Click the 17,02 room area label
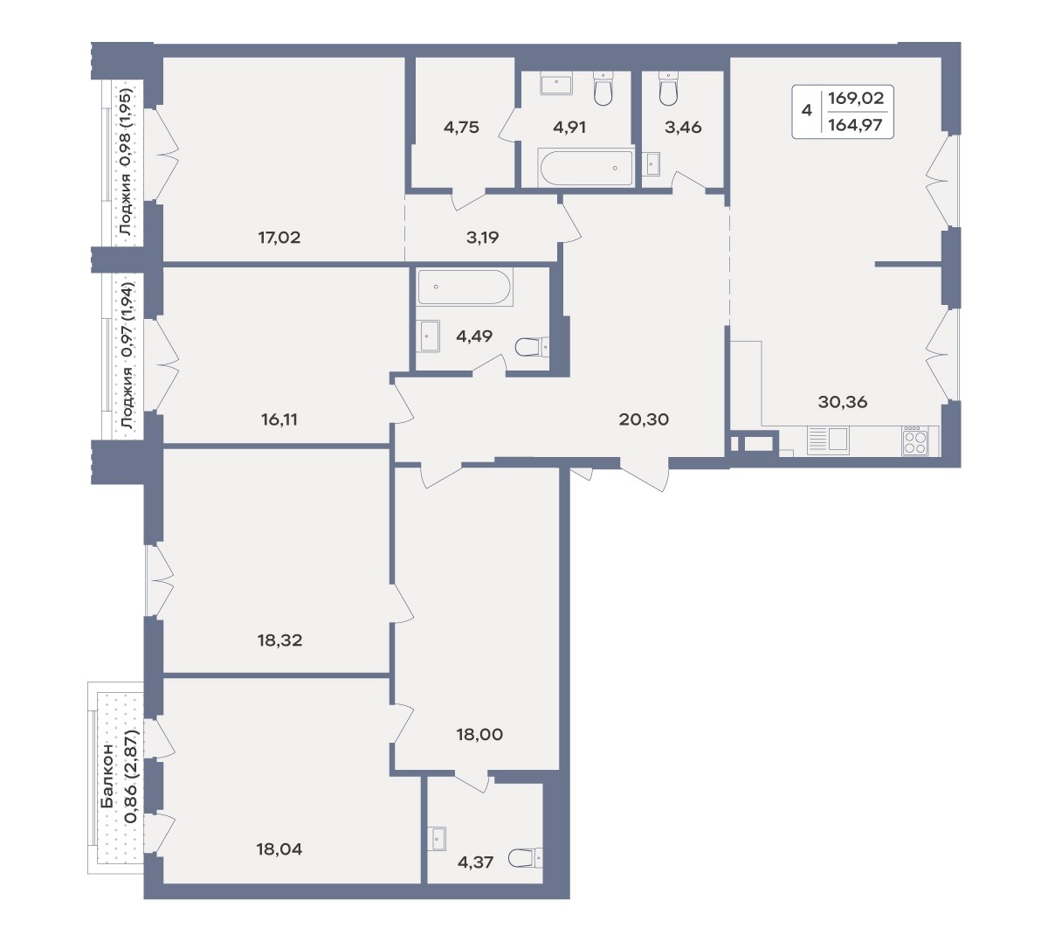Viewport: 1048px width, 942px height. [279, 238]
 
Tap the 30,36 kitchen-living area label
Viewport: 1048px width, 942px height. [842, 402]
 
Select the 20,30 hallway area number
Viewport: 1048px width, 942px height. [644, 419]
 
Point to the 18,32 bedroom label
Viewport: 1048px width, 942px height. [279, 641]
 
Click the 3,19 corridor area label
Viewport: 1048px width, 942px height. [482, 238]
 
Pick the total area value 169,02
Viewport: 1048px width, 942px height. [856, 98]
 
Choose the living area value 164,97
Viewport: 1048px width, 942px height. [856, 125]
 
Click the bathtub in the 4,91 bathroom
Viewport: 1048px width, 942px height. [586, 167]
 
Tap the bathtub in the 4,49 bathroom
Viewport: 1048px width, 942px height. [465, 287]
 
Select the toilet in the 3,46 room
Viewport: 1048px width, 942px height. [669, 88]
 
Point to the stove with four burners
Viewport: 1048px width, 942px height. [915, 440]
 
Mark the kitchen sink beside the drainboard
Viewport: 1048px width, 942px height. [838, 439]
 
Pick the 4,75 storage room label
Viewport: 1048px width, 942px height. [461, 127]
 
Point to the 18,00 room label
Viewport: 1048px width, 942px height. [479, 734]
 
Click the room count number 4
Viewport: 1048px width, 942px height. [806, 110]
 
